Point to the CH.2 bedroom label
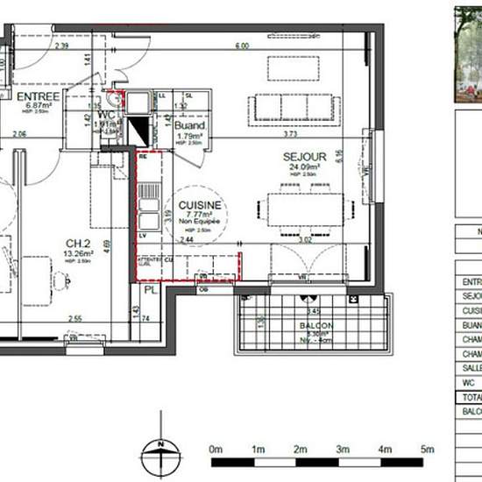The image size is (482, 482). click(78, 245)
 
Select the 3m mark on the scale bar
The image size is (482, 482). click(343, 449)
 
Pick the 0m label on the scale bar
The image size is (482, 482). click(216, 449)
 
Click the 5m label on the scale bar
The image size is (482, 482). click(427, 449)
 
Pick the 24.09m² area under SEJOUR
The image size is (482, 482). click(301, 167)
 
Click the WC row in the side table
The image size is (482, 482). click(469, 383)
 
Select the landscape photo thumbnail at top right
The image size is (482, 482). click(468, 53)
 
